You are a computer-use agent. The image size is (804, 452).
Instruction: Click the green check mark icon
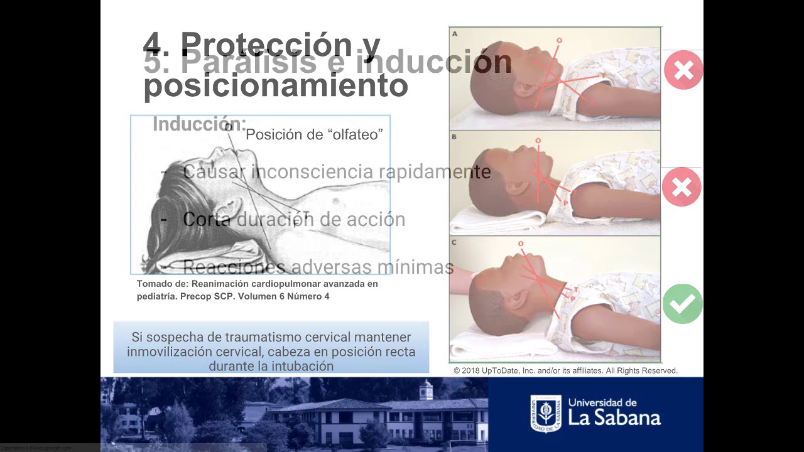(x=682, y=304)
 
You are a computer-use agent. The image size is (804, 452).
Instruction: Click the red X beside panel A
(x=683, y=70)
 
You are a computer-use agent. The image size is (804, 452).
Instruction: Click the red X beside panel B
(x=682, y=186)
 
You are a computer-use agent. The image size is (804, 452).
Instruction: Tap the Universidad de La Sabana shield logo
(x=545, y=413)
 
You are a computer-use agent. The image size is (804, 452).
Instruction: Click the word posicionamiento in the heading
(x=276, y=86)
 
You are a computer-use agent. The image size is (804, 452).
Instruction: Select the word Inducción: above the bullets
(x=199, y=124)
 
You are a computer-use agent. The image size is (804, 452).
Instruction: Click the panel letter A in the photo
(x=455, y=33)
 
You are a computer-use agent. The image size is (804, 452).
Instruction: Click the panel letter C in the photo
(x=454, y=242)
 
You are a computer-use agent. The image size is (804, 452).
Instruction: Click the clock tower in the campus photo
(x=426, y=390)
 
